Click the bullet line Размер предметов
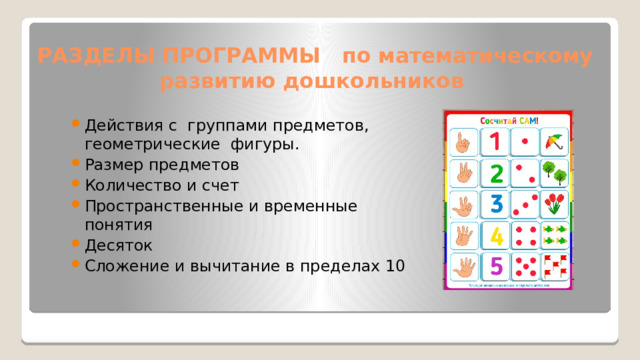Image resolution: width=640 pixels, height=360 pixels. (x=162, y=165)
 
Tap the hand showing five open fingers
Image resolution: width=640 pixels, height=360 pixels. (x=463, y=268)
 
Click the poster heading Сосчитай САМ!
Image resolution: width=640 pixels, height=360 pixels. (x=509, y=121)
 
